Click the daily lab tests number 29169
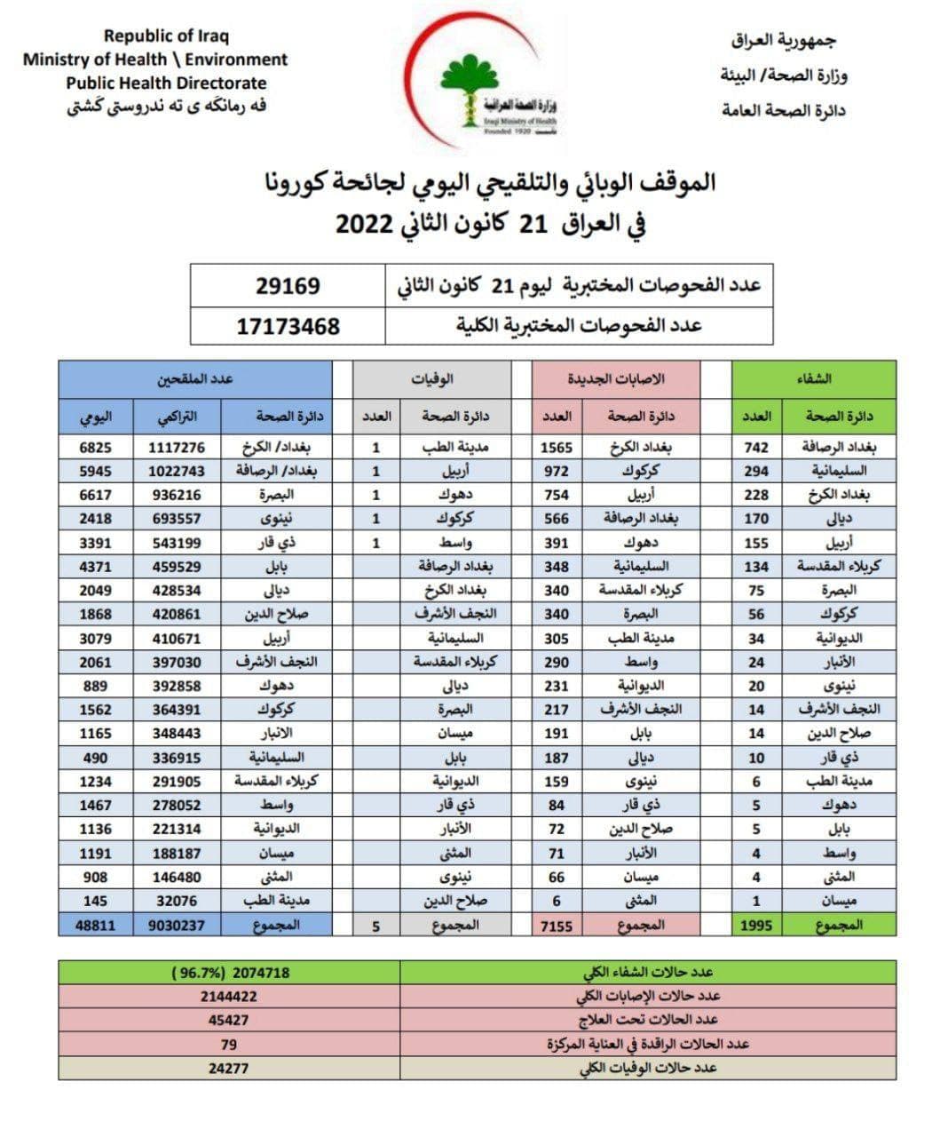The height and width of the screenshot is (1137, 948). (x=288, y=286)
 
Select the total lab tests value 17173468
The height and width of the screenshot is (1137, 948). (x=288, y=326)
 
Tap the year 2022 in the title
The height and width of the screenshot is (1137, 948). (x=364, y=222)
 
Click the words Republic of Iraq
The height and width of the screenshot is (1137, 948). (x=166, y=36)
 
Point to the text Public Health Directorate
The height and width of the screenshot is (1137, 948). (x=166, y=83)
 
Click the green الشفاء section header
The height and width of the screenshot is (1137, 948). (x=813, y=379)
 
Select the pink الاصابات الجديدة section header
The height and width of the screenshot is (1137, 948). (x=616, y=379)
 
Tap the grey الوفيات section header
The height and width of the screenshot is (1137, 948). (x=431, y=379)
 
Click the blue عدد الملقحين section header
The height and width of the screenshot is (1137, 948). (x=195, y=379)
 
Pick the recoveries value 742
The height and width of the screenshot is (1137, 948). (x=756, y=448)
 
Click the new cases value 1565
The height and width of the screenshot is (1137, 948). (x=557, y=448)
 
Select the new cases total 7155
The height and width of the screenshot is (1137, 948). (x=557, y=926)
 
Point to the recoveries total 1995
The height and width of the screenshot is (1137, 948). (x=756, y=926)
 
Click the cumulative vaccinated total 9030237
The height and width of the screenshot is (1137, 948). (x=174, y=926)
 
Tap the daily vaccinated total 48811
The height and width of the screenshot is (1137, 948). (x=95, y=926)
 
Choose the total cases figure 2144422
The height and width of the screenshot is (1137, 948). (x=229, y=997)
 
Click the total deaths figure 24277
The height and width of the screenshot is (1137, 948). (x=229, y=1069)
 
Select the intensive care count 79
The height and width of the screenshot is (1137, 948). (x=229, y=1045)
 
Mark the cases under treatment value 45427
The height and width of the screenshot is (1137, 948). (x=229, y=1021)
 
